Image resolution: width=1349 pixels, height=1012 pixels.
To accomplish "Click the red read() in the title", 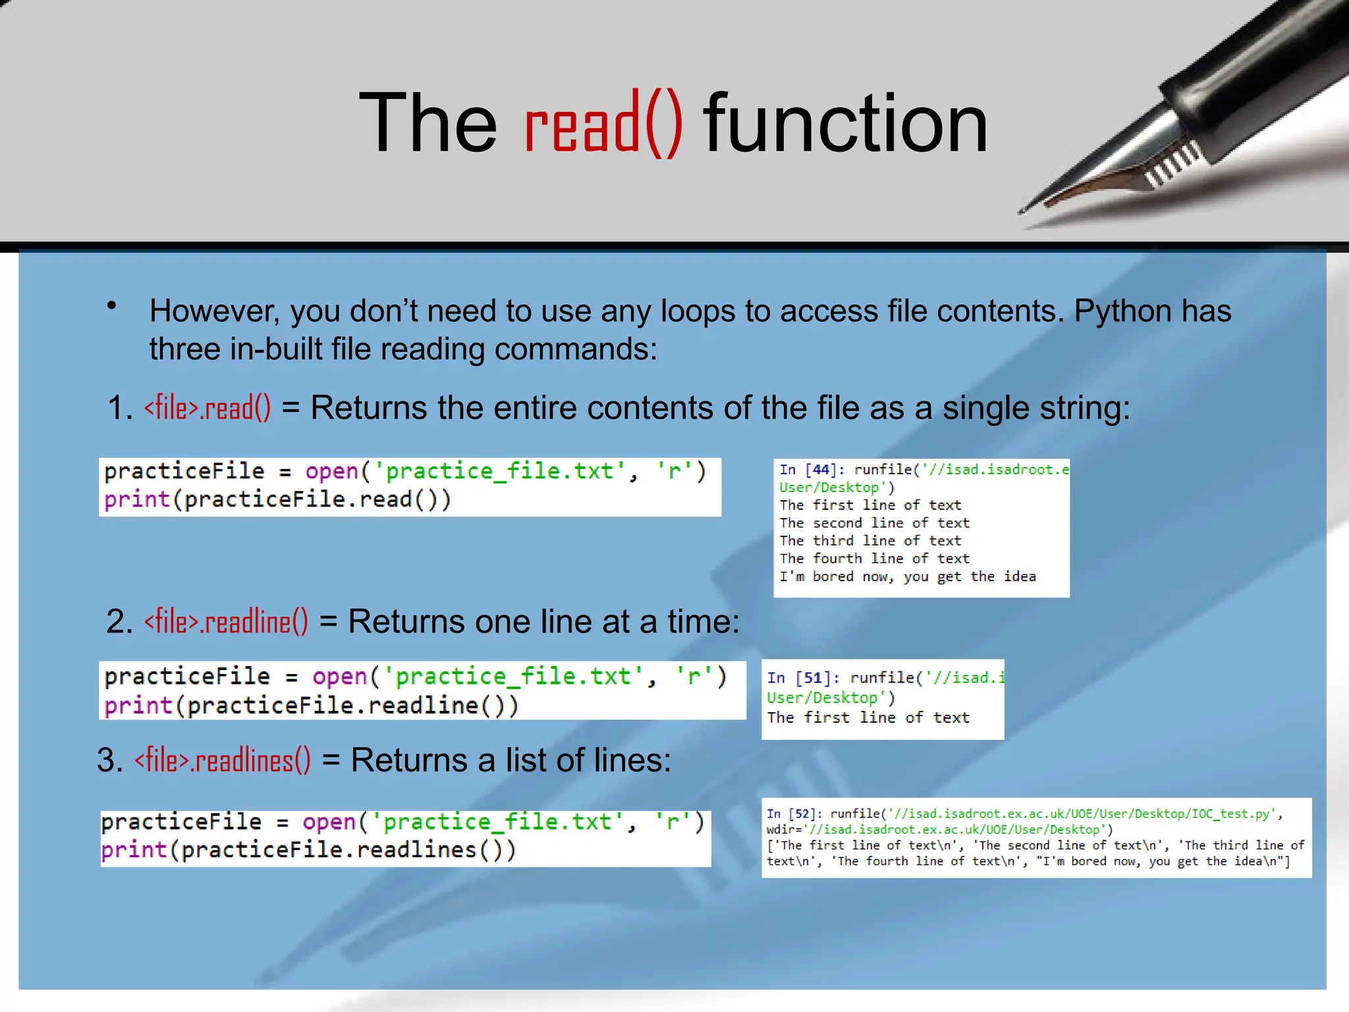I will pos(603,124).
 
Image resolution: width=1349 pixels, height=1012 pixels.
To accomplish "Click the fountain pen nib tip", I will pos(1023,211).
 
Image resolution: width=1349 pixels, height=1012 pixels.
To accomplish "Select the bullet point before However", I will pos(112,306).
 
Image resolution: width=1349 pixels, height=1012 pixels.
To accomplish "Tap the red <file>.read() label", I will pos(207,408).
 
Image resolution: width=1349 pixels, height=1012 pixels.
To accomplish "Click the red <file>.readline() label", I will pos(226,621).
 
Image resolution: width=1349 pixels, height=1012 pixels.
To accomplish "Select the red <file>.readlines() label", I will pos(223,760).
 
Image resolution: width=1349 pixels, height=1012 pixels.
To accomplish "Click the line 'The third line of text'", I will pos(870,541).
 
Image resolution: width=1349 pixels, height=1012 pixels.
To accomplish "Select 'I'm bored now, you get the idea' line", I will pos(907,576).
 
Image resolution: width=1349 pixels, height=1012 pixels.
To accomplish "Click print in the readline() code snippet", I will pos(138,706).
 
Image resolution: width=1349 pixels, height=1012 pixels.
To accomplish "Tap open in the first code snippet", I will pos(331,472).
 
